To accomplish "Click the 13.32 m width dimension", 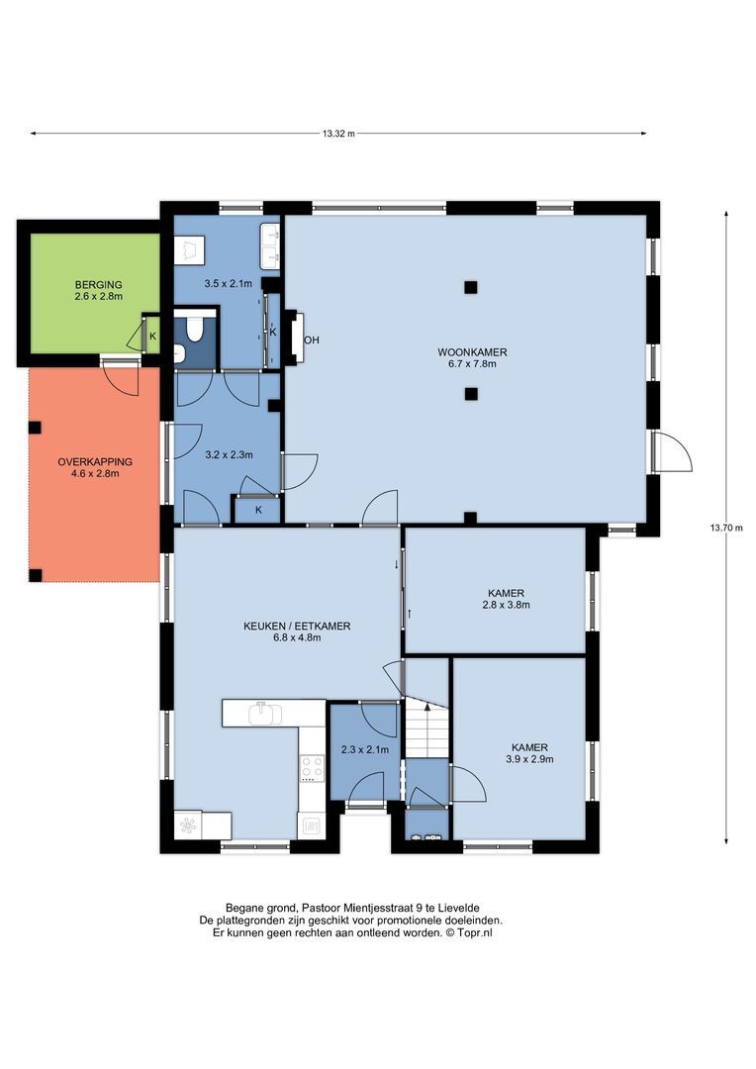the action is (x=338, y=134).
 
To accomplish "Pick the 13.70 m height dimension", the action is (x=726, y=527).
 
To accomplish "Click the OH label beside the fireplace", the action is (x=312, y=340).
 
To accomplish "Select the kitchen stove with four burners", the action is (x=313, y=768).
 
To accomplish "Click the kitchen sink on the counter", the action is (x=265, y=714).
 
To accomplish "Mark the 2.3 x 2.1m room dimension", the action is (x=365, y=750).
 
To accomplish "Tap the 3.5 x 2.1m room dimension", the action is (x=229, y=284).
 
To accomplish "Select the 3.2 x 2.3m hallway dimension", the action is (x=229, y=454).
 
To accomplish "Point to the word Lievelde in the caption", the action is (x=459, y=908).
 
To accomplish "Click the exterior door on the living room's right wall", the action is (x=672, y=451).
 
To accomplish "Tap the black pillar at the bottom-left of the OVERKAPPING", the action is (x=36, y=575).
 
